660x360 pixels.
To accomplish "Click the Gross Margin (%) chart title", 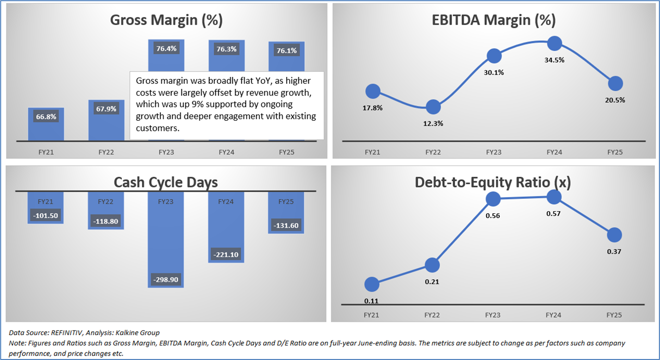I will (166, 20).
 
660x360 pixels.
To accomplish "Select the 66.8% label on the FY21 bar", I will (45, 117).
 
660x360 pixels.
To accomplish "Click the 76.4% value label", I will (166, 49).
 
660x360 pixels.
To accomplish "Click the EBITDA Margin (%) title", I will (494, 20).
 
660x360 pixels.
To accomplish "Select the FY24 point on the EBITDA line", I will (554, 43).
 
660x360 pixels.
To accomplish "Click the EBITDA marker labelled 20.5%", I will (615, 83).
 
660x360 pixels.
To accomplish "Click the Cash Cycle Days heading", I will (166, 182).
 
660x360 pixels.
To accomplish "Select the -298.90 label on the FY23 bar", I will (166, 278).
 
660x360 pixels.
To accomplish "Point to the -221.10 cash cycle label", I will (226, 255).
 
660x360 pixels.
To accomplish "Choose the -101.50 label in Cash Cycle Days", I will (45, 216).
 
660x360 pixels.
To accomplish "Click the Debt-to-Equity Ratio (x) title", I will (493, 183).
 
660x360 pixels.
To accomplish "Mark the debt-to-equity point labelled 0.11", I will (372, 285).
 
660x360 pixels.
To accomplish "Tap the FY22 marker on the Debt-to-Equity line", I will (433, 265).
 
